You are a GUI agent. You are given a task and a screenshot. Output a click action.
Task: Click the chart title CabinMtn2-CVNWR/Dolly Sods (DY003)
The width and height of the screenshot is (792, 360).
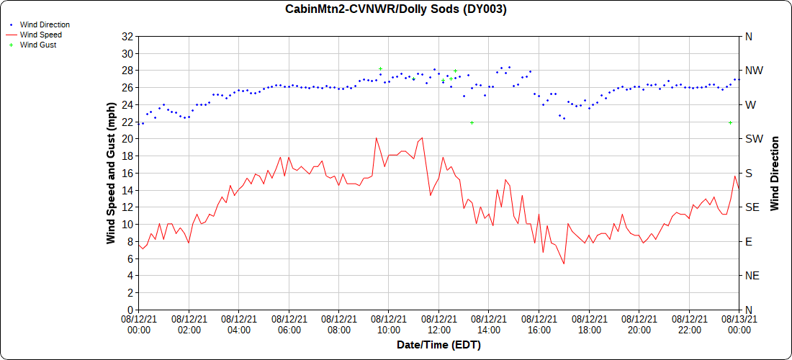pos(396,9)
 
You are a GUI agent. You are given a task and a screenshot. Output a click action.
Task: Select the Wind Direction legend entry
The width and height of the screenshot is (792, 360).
pos(45,24)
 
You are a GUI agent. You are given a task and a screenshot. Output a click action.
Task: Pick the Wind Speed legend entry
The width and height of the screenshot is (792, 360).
pos(40,35)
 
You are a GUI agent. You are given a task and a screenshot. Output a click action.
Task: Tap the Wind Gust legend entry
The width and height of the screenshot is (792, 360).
pos(38,45)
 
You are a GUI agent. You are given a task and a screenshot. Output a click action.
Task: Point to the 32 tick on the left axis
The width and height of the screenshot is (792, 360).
pos(127,36)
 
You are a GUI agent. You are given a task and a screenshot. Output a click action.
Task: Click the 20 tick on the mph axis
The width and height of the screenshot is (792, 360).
pos(127,139)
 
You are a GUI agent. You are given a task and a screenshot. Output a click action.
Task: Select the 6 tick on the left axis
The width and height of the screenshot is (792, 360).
pos(130,258)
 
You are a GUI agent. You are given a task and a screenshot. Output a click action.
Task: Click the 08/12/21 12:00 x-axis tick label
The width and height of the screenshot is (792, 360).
pos(438,324)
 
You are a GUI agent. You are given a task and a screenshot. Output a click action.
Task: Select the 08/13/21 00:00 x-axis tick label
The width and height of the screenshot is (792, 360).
pos(738,324)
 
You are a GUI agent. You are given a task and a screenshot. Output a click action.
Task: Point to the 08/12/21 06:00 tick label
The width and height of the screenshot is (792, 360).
pos(289,324)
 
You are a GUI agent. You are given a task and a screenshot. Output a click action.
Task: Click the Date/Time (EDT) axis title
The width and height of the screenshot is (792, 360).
pos(438,345)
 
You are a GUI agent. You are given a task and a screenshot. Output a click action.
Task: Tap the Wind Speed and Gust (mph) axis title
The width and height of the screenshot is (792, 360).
pos(111,173)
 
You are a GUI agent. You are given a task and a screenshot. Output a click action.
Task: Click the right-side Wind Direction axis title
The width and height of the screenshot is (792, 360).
pos(775,173)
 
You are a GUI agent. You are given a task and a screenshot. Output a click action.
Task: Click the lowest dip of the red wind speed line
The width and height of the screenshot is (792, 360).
pos(564,264)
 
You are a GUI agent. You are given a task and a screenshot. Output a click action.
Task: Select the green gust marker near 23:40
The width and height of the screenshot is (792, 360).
pos(730,122)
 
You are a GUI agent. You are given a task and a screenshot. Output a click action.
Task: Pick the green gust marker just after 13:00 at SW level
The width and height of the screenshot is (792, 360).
pos(472,122)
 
